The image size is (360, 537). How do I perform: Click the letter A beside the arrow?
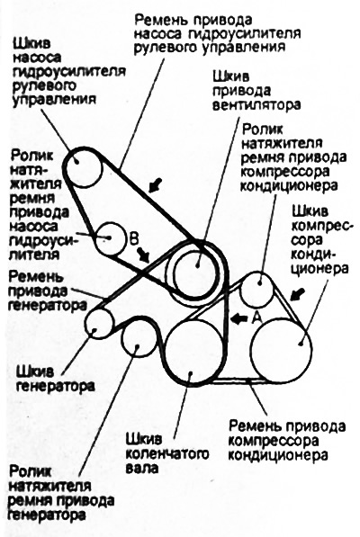click(x=257, y=318)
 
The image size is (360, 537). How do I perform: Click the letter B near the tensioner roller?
click(x=133, y=238)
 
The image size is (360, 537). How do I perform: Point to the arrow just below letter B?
click(x=144, y=255)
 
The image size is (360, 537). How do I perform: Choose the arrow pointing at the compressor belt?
click(x=297, y=294)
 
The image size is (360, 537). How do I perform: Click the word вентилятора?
click(x=256, y=104)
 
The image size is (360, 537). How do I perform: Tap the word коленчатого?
click(x=167, y=454)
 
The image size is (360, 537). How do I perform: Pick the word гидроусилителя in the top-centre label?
click(x=244, y=33)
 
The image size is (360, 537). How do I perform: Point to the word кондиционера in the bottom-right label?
click(x=278, y=455)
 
